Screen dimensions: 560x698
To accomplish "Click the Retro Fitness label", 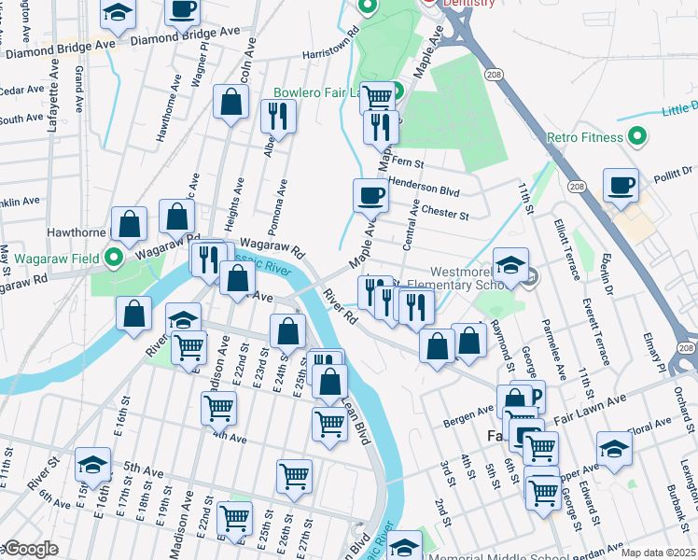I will (584, 138).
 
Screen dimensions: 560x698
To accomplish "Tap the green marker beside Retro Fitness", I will (637, 137).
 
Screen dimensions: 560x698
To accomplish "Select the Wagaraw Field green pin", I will (116, 257).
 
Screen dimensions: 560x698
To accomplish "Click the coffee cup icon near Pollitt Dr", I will (621, 184).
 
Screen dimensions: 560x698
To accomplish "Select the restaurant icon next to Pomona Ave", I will (278, 115).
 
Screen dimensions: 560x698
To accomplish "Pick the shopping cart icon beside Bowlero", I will (377, 96).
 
